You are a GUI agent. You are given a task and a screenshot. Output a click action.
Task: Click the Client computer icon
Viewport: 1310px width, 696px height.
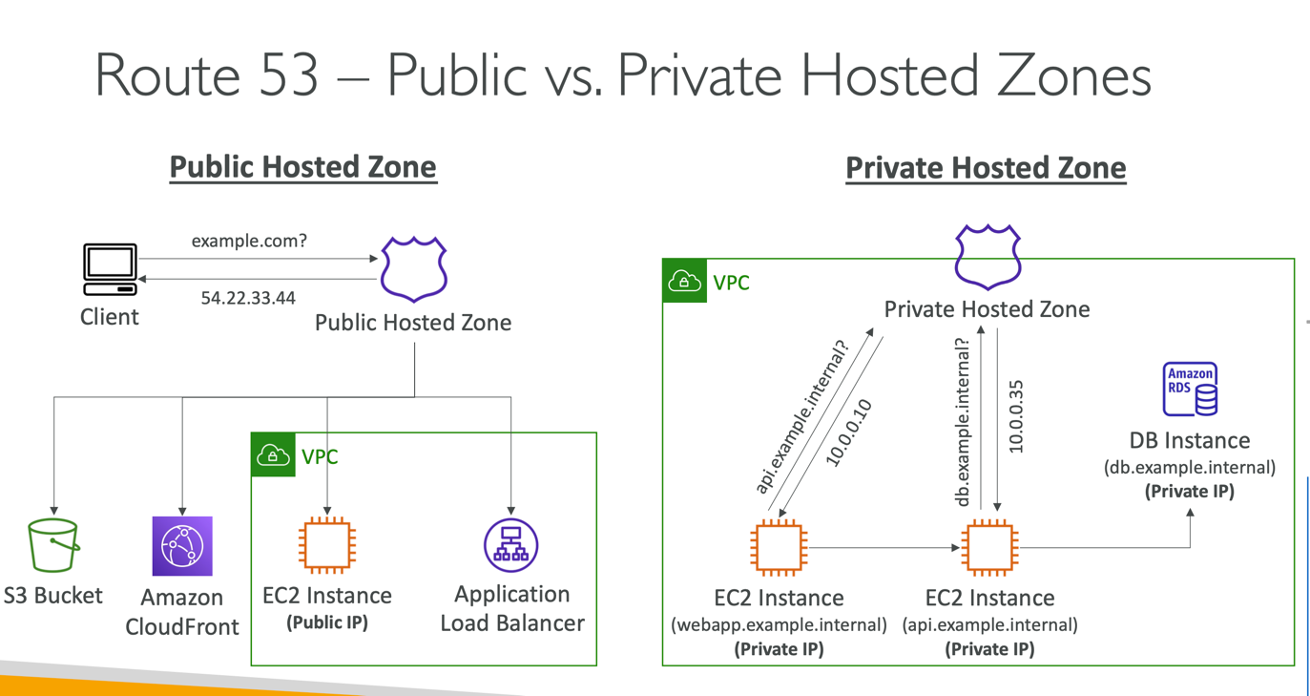110,270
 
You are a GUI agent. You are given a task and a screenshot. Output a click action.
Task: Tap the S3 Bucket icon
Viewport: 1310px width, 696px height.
53,546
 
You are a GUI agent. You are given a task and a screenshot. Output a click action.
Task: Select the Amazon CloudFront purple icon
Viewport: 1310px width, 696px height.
182,546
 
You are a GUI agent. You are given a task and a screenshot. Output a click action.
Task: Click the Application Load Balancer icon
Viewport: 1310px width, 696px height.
511,545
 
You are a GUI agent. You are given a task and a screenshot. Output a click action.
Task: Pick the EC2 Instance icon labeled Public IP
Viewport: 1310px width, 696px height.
327,546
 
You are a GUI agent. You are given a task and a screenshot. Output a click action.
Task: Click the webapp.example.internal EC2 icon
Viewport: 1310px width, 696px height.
779,548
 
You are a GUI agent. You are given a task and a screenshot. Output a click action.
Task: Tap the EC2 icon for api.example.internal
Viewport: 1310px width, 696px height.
989,548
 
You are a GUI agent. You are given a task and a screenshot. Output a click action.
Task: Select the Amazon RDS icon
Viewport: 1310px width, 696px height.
1190,389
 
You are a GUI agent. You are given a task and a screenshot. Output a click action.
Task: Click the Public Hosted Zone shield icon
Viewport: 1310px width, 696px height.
414,269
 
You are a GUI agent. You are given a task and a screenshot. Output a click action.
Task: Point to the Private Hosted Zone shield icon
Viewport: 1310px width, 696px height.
988,257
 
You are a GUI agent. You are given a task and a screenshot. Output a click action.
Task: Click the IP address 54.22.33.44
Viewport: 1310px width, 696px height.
248,298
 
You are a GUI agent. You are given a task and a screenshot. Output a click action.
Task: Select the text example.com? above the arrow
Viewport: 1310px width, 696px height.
249,241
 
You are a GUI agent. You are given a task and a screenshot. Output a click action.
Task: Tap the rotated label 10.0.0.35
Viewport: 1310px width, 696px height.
1015,416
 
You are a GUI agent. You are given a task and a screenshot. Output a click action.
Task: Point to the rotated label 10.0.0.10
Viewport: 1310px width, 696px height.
848,433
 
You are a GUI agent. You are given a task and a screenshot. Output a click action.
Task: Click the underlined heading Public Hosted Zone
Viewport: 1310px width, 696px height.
302,167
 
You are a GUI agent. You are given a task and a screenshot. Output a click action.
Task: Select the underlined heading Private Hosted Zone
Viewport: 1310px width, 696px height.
986,169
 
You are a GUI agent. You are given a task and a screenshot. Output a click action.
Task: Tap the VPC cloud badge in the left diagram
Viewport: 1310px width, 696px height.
273,455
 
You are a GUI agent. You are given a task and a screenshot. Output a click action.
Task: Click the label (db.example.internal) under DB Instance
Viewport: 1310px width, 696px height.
1189,468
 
